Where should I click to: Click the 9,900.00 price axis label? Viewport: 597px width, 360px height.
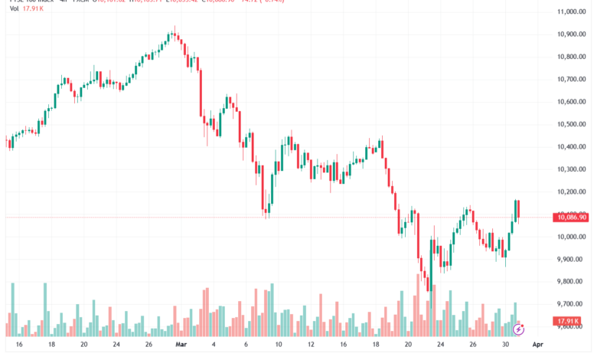(573, 260)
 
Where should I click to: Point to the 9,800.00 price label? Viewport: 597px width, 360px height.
(573, 282)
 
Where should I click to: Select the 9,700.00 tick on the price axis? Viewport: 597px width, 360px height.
(573, 304)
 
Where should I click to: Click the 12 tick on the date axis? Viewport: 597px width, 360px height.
(312, 345)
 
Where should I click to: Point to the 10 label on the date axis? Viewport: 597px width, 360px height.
(279, 345)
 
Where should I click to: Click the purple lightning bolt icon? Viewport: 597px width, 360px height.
(518, 329)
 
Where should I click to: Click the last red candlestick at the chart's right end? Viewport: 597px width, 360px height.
(518, 208)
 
